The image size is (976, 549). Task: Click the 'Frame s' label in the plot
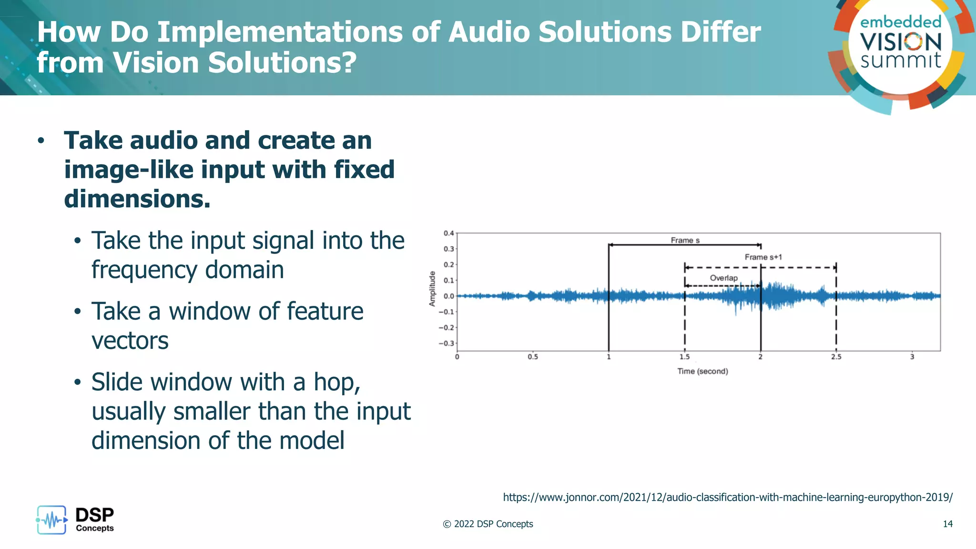click(685, 240)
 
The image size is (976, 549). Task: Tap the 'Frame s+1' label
click(763, 257)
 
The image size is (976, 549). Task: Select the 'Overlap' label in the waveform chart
click(723, 278)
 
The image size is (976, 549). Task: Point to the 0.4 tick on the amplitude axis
click(449, 233)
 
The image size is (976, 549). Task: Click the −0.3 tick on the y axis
click(447, 343)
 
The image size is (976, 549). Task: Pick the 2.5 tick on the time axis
click(836, 356)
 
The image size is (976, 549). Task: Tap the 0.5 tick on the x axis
click(532, 356)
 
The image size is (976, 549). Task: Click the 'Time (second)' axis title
click(702, 371)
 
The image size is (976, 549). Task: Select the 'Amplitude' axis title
click(432, 289)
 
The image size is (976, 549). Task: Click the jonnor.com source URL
click(728, 497)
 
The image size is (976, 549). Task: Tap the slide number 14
click(947, 524)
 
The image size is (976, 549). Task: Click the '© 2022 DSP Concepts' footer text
click(488, 524)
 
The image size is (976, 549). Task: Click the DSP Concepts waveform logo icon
click(51, 520)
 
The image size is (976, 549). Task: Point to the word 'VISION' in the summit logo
click(900, 42)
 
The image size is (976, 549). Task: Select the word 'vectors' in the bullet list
click(130, 341)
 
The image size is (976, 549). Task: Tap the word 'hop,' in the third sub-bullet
click(336, 382)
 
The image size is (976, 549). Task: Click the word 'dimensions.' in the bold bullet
click(137, 199)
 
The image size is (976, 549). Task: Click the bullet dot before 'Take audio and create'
click(41, 141)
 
